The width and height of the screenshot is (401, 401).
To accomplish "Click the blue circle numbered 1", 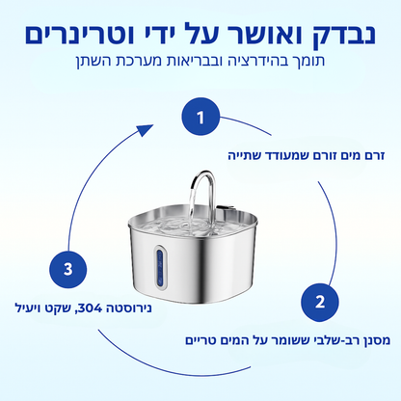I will click(x=200, y=119).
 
